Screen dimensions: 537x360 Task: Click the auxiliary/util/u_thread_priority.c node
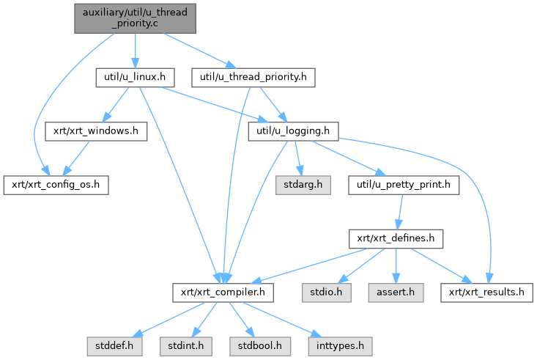click(135, 18)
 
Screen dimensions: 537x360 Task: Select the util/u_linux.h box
click(135, 78)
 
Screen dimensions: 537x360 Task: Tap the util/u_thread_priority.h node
click(253, 78)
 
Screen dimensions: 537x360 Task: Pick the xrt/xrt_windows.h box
click(96, 131)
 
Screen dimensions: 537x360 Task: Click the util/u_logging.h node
click(293, 131)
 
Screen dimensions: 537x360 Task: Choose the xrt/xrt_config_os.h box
click(56, 185)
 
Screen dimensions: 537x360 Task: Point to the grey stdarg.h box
click(303, 185)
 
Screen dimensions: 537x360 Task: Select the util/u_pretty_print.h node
click(404, 185)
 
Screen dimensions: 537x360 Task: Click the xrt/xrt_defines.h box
click(396, 239)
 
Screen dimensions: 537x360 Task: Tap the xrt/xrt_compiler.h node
click(223, 293)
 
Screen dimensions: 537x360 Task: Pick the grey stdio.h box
click(327, 293)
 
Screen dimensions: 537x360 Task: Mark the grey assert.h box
click(396, 293)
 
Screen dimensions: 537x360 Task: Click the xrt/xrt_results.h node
click(486, 293)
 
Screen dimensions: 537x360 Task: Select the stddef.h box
click(114, 346)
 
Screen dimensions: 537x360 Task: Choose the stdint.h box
click(186, 346)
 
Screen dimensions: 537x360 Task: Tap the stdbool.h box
click(260, 346)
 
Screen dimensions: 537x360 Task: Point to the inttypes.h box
click(340, 346)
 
